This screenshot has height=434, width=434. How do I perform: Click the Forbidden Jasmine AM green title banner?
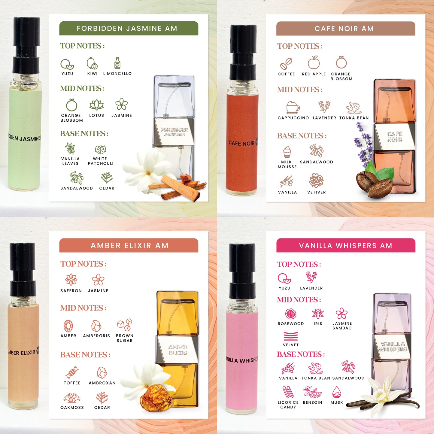pyautogui.click(x=129, y=28)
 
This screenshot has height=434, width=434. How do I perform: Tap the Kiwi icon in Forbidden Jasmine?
pyautogui.click(x=92, y=63)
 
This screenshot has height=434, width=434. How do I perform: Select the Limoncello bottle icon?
pyautogui.click(x=117, y=63)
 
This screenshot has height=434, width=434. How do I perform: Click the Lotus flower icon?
pyautogui.click(x=96, y=105)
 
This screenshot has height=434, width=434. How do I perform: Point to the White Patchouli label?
pyautogui.click(x=100, y=161)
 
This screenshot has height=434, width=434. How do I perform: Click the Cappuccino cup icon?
pyautogui.click(x=293, y=108)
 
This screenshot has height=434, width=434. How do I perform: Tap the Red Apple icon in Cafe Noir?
pyautogui.click(x=314, y=62)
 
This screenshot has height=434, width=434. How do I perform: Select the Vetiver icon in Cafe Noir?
pyautogui.click(x=316, y=181)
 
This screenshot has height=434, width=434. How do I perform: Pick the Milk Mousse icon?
pyautogui.click(x=287, y=152)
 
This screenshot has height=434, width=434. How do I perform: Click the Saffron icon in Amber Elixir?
pyautogui.click(x=71, y=280)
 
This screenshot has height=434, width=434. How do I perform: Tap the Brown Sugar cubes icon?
pyautogui.click(x=125, y=325)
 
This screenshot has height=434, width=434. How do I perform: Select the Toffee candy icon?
pyautogui.click(x=72, y=372)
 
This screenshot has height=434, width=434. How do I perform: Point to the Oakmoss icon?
pyautogui.click(x=72, y=398)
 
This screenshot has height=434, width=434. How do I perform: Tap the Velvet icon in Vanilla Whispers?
pyautogui.click(x=290, y=336)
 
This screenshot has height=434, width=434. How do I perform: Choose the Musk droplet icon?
pyautogui.click(x=337, y=392)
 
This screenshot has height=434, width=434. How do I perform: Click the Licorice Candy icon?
pyautogui.click(x=288, y=392)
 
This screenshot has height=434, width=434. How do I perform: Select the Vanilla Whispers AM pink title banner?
pyautogui.click(x=346, y=245)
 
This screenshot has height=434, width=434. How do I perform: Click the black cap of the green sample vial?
pyautogui.click(x=26, y=45)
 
